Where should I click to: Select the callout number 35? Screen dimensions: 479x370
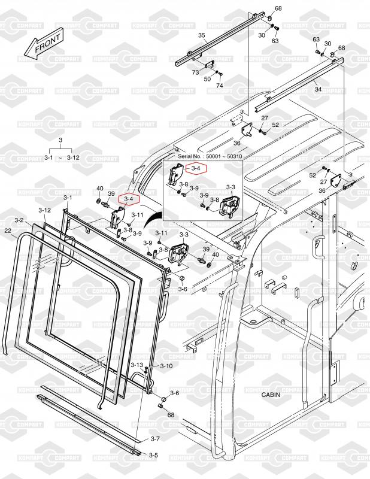tap(202, 36)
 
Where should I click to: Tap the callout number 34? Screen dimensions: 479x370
tap(318, 89)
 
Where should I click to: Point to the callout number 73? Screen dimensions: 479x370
tap(195, 72)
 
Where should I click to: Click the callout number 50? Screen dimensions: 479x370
tap(207, 79)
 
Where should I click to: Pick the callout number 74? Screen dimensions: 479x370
tap(219, 86)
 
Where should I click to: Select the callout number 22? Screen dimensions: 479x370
tap(8, 231)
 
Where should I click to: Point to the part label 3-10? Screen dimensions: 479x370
tap(165, 366)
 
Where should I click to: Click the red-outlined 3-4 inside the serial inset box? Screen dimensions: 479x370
tap(196, 168)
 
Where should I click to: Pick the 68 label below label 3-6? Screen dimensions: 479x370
tap(171, 415)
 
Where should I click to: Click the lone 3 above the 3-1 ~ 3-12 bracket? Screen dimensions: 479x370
tap(60, 140)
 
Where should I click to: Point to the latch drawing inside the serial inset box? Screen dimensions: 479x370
tap(229, 207)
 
